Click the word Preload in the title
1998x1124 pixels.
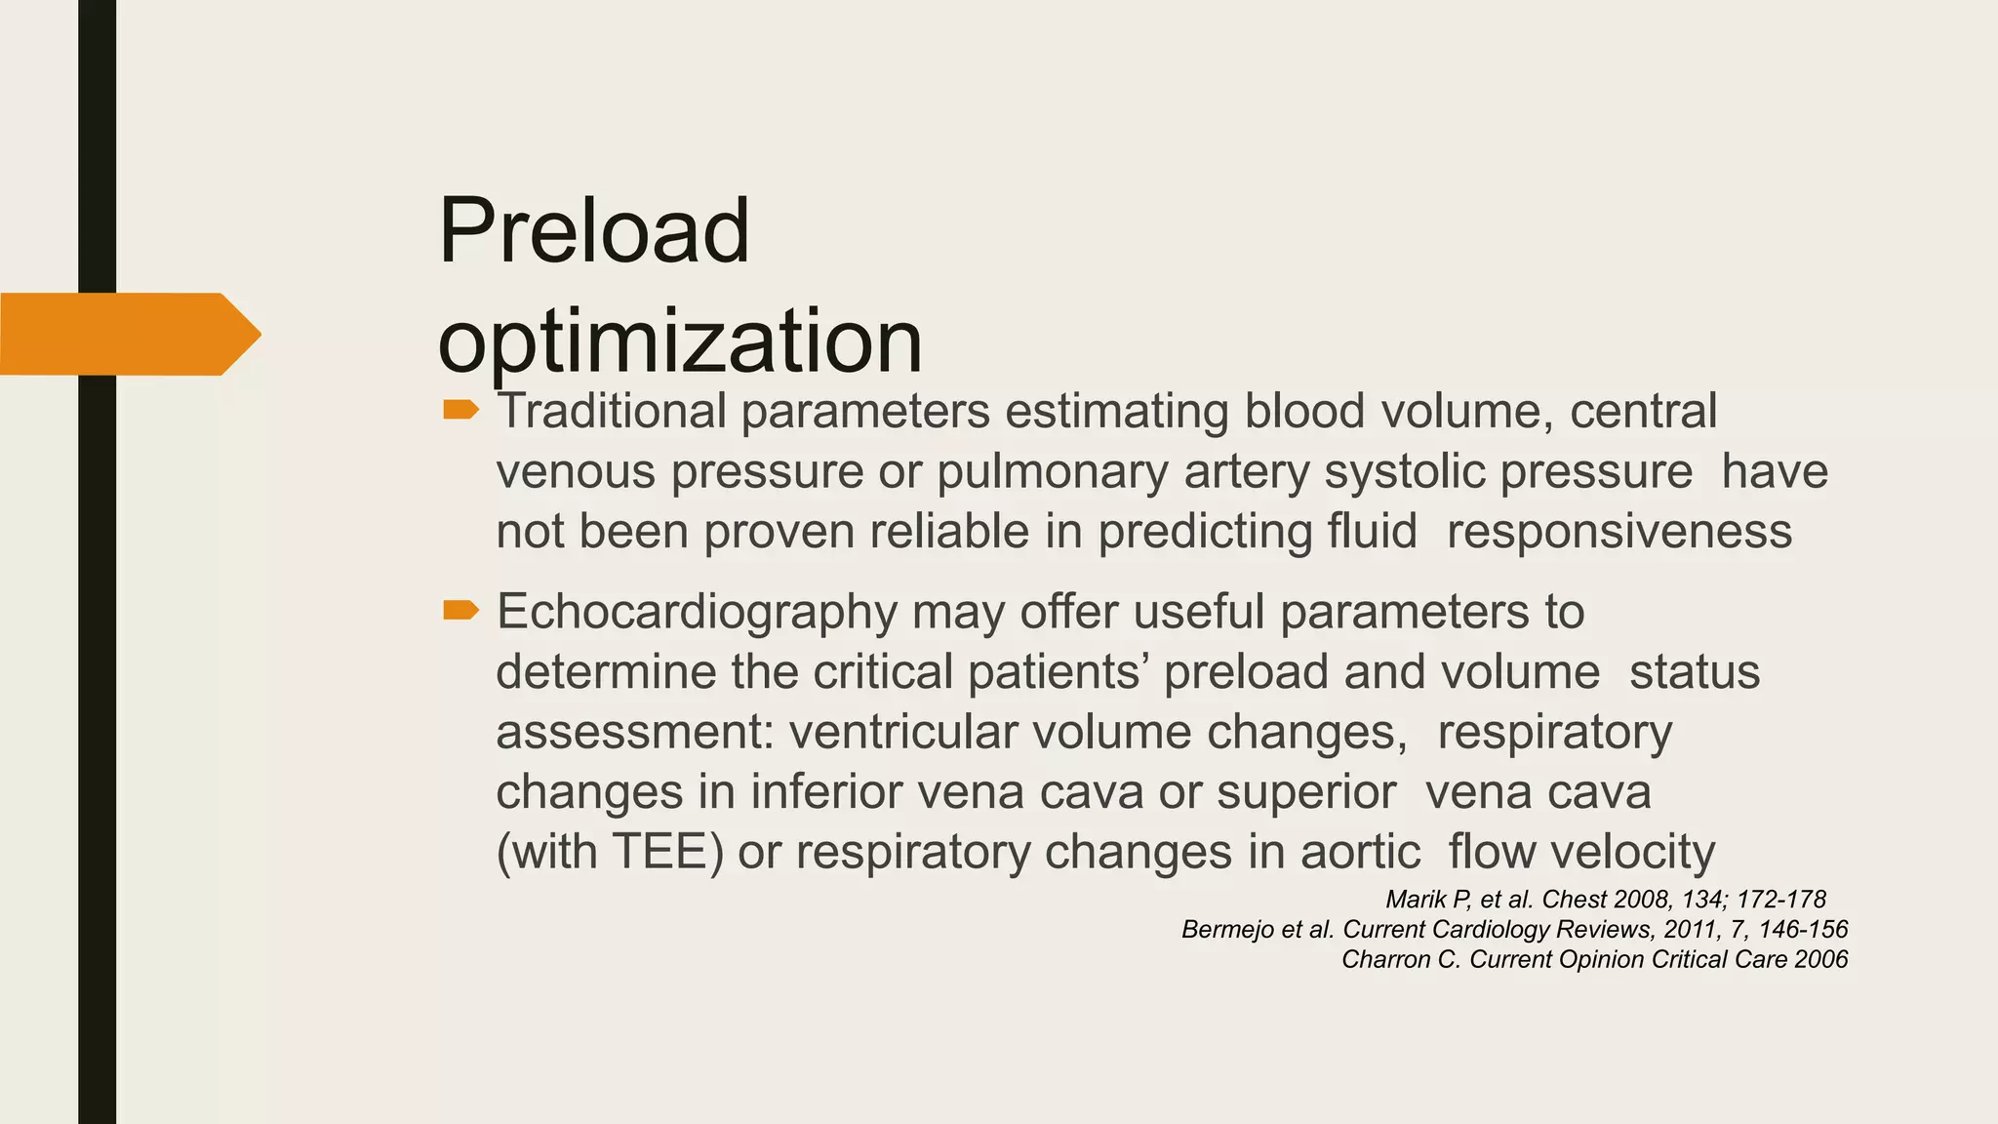tap(594, 231)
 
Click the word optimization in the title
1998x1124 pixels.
tap(680, 341)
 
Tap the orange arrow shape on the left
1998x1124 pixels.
tap(127, 334)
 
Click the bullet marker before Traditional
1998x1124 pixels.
tap(460, 410)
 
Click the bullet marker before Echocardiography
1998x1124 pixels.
tap(460, 611)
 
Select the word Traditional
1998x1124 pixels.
tap(612, 411)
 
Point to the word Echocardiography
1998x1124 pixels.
tap(697, 613)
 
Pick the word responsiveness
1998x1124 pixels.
tap(1618, 532)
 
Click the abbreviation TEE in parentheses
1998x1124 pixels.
tap(659, 852)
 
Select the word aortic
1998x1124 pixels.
tap(1359, 852)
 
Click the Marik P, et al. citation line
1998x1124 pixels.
tap(1605, 899)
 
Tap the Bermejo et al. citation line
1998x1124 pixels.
tap(1514, 929)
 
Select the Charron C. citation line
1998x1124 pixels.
tap(1594, 959)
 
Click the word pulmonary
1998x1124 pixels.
tap(1052, 471)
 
